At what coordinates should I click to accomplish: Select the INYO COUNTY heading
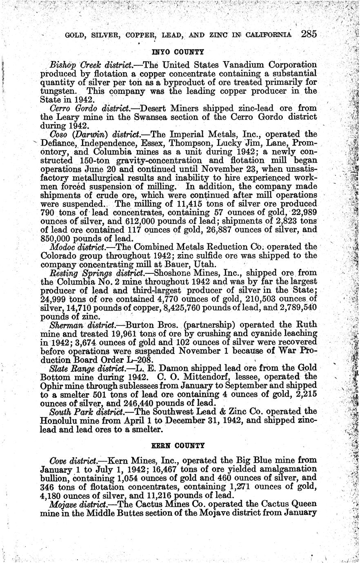click(178, 52)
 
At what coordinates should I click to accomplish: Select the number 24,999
click(57, 299)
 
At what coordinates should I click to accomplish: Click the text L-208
click(138, 359)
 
